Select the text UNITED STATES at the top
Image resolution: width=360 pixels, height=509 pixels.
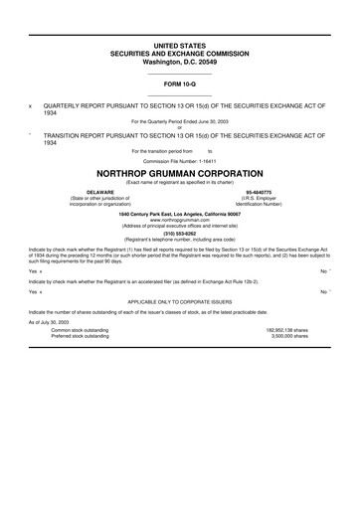coord(179,46)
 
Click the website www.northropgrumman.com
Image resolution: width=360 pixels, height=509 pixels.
coord(179,219)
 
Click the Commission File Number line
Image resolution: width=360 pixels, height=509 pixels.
coord(179,159)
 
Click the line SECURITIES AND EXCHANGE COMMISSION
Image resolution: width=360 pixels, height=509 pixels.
coord(179,54)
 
